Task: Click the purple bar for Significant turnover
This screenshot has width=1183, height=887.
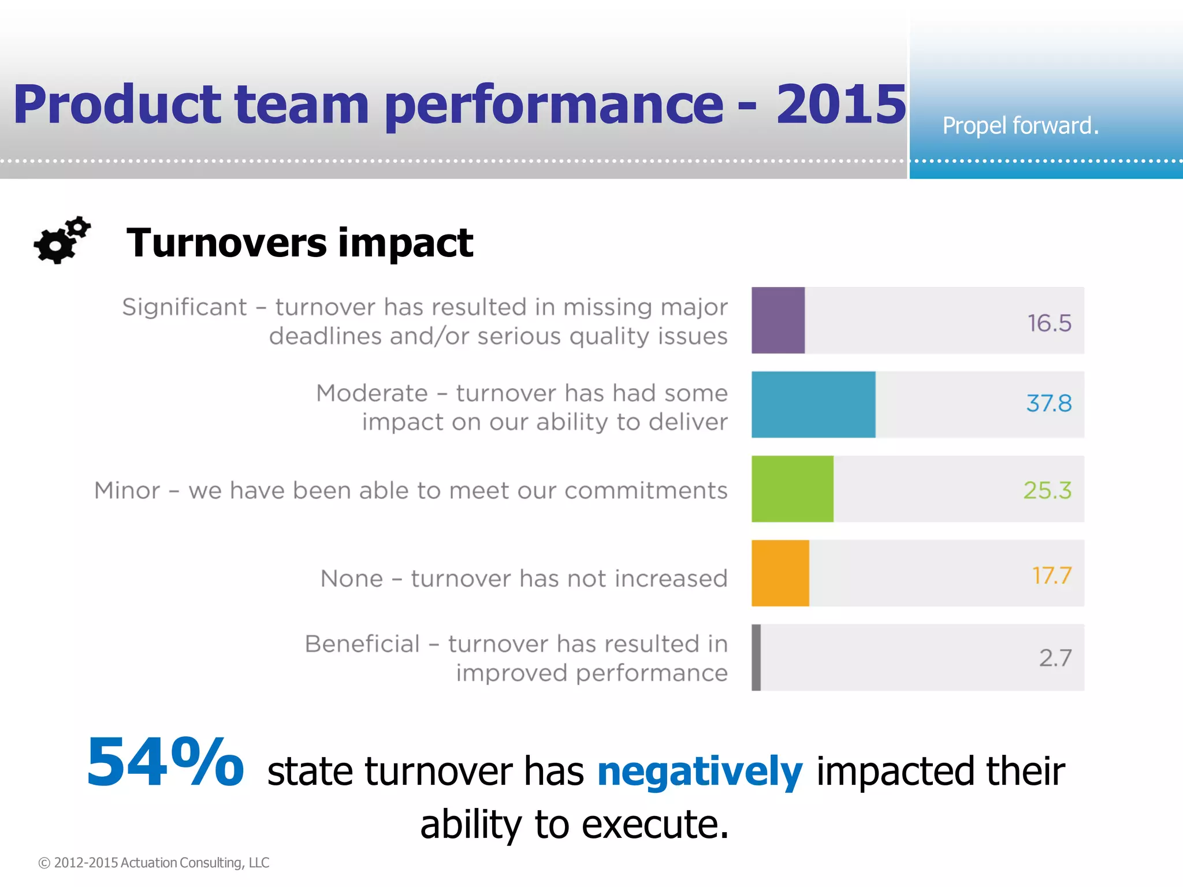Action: point(777,320)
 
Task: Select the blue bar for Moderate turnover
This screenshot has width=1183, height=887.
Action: point(813,404)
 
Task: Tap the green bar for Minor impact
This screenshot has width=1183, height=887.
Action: point(792,489)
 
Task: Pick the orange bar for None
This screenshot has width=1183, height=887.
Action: point(780,573)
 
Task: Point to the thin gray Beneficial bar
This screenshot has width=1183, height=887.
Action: point(756,657)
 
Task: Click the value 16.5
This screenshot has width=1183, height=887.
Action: point(1049,323)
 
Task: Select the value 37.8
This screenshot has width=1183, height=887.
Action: point(1048,403)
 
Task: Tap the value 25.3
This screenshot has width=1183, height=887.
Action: point(1047,490)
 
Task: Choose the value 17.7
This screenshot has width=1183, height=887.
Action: point(1051,575)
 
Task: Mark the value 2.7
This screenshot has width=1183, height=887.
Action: point(1055,658)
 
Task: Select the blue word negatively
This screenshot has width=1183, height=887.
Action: point(700,772)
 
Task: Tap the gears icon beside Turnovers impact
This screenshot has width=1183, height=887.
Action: point(62,240)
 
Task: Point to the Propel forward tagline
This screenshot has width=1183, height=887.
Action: point(1020,125)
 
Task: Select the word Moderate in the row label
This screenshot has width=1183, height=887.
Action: point(371,393)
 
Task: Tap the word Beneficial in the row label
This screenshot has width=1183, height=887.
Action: point(362,644)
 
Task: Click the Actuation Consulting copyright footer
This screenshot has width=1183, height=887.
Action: point(154,862)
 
